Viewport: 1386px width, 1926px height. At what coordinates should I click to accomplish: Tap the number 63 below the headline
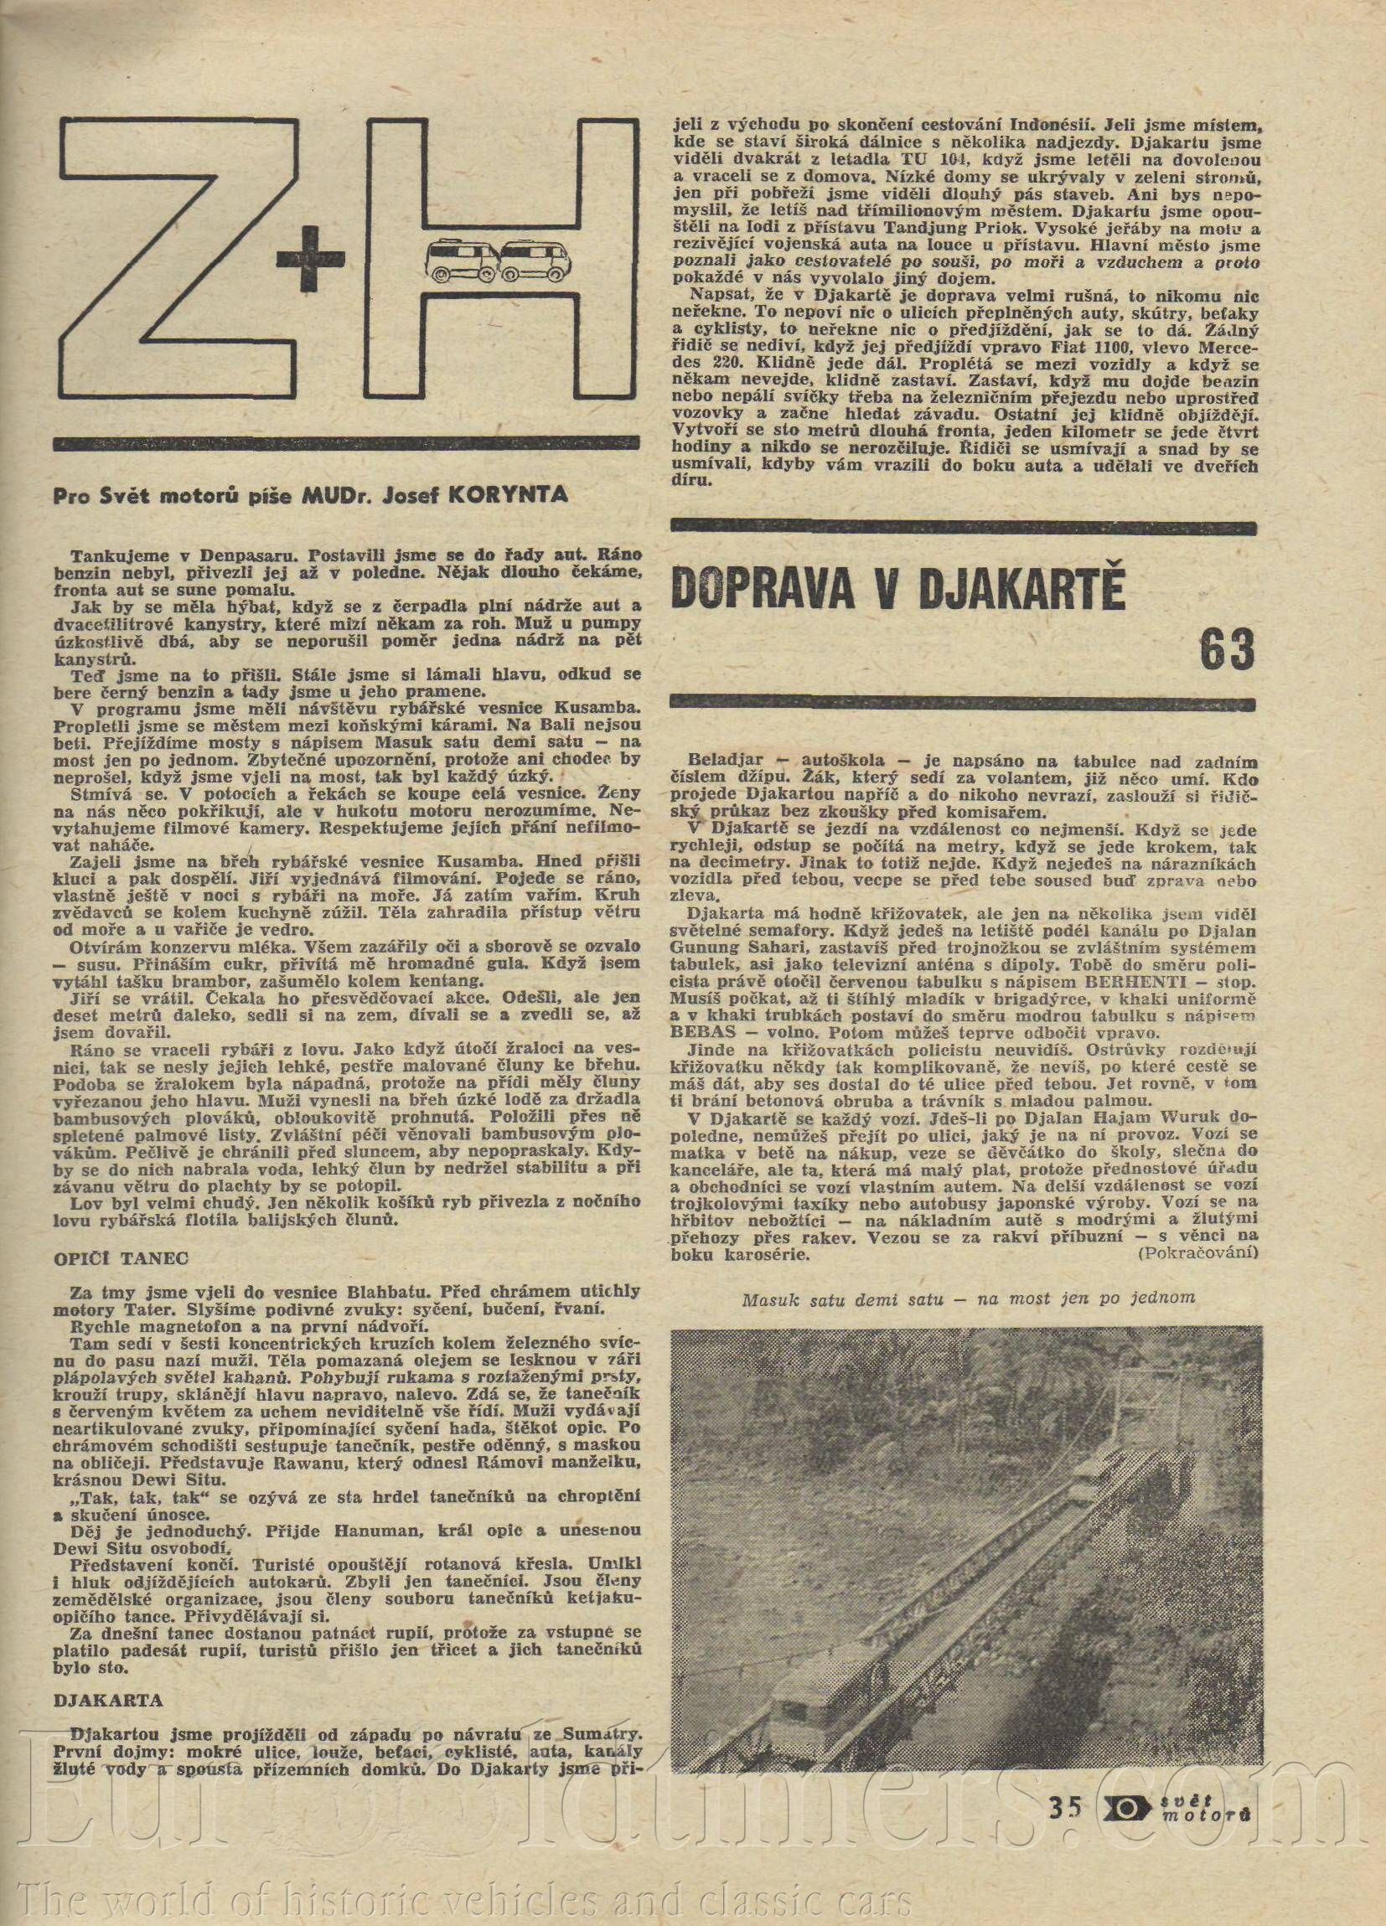[1226, 651]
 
